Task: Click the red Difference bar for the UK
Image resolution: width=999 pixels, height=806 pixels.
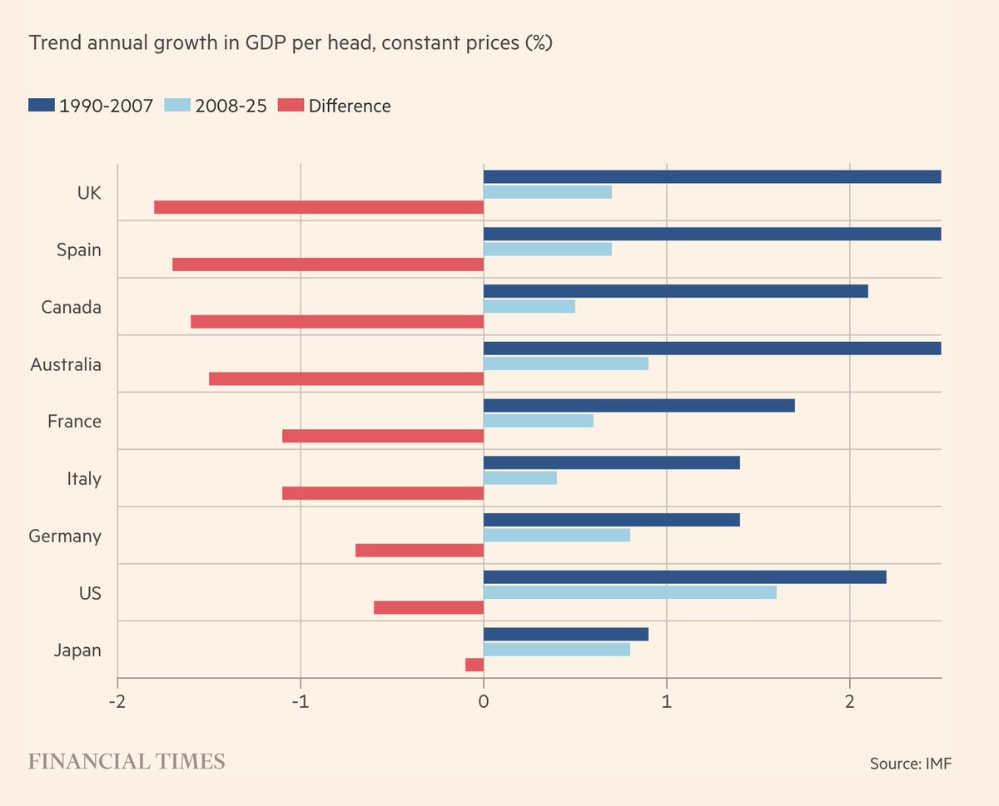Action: pos(319,207)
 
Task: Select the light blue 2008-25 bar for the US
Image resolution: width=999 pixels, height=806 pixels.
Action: pos(629,592)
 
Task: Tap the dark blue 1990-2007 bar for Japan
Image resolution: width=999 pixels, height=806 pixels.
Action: pos(565,635)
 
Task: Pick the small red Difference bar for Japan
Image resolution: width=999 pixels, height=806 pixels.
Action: pos(475,665)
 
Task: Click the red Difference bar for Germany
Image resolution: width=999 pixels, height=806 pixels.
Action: pos(420,551)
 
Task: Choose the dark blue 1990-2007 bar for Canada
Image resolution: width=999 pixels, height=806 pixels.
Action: pos(675,291)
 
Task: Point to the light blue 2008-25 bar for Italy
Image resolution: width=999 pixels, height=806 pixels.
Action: pos(519,478)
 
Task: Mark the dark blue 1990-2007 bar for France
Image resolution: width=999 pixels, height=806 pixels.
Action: pos(639,406)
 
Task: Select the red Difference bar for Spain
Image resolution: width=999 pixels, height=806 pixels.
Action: pos(328,265)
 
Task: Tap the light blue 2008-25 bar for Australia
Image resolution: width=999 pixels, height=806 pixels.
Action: pos(565,363)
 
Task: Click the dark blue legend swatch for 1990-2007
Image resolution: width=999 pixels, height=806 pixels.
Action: pos(41,106)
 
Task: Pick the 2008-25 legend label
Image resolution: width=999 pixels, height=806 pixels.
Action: pos(231,106)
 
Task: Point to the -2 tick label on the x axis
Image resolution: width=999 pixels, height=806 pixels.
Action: pos(117,701)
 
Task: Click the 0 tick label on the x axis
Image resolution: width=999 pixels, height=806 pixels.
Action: pos(484,701)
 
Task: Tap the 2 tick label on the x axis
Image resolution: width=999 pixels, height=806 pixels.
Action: pos(849,701)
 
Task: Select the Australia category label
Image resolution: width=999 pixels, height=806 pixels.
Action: pos(66,364)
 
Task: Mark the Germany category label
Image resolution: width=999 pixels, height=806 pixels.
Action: pos(65,537)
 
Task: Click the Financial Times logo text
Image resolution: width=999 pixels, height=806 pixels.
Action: pos(127,762)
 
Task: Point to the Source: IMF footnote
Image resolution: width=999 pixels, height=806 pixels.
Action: pos(910,764)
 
